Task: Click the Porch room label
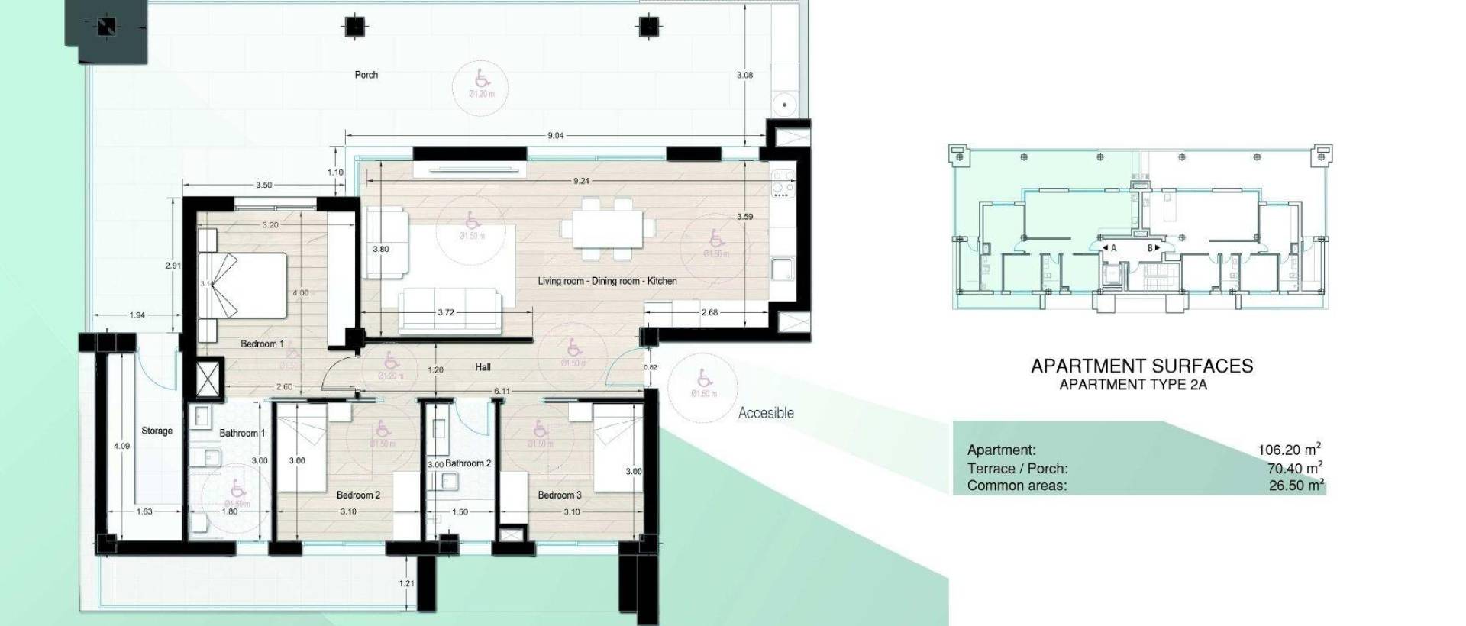pos(366,75)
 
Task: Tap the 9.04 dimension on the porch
pos(555,136)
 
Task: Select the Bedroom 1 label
pos(262,344)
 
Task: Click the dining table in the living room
pos(608,228)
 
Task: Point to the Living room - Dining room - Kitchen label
pos(607,281)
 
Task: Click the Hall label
pos(483,367)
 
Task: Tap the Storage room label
pos(157,431)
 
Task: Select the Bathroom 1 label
pos(242,433)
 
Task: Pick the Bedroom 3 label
pos(559,495)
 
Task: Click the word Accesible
pos(766,413)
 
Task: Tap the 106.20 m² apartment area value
pos(1290,450)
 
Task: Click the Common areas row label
pos(1016,486)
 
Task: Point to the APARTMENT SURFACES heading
pos(1141,366)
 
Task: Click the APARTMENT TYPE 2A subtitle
pos(1133,385)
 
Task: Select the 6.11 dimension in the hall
pos(502,391)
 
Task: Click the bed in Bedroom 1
pos(244,286)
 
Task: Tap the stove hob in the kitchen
pos(783,184)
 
